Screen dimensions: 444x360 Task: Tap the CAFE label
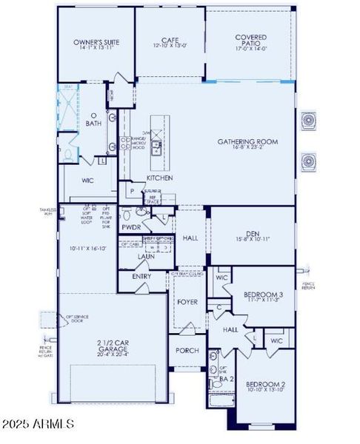coord(170,41)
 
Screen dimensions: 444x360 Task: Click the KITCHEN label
coord(160,178)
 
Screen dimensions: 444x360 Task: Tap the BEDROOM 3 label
coord(260,294)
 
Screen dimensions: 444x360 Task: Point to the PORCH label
coord(187,350)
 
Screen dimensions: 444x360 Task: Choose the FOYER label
coord(186,301)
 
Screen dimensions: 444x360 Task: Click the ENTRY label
coord(141,276)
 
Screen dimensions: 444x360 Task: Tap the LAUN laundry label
coord(146,256)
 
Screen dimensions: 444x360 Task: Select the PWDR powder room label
coord(132,228)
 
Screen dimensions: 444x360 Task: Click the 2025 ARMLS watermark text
coord(39,424)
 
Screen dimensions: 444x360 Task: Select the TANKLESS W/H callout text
coord(47,212)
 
